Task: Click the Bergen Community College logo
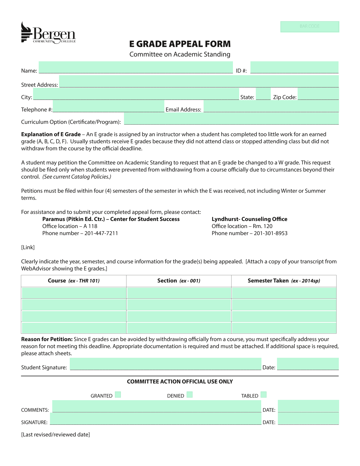pos(48,33)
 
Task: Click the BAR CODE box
pos(309,27)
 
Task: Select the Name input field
pos(136,68)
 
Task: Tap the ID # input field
pos(294,68)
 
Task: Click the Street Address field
pos(198,81)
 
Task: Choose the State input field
pos(263,94)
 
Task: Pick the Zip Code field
pos(318,94)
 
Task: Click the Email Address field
pos(271,106)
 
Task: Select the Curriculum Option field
pos(231,119)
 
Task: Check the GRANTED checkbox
pos(118,395)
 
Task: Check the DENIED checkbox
pos(190,395)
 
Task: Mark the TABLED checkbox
pos(264,395)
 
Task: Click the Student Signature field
pos(165,364)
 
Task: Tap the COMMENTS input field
pos(157,406)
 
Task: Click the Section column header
pos(179,281)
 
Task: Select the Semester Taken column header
pos(284,281)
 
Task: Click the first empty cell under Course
pos(74,293)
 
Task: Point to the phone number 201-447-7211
pos(101,233)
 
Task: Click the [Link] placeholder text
pos(28,248)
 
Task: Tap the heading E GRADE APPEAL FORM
pos(180,44)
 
